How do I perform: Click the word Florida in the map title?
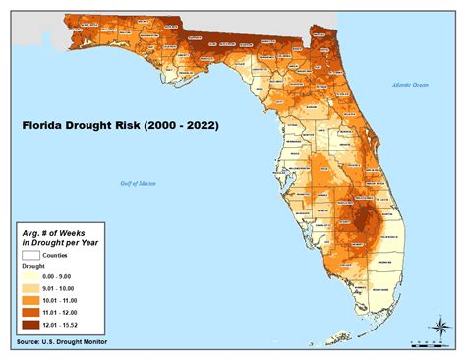46,126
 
